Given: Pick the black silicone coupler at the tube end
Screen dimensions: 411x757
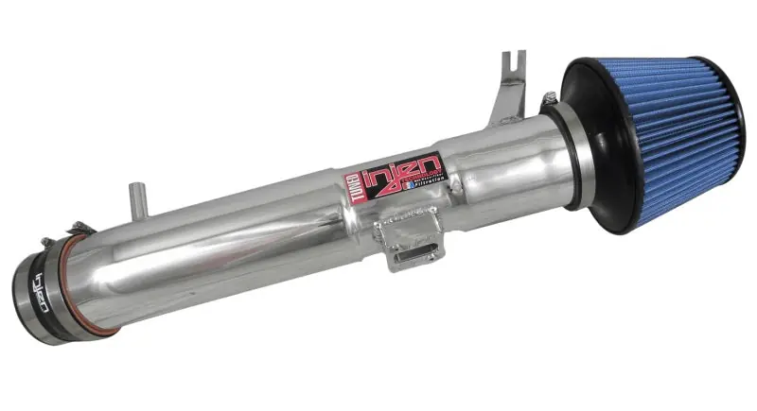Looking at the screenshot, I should [43, 288].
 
